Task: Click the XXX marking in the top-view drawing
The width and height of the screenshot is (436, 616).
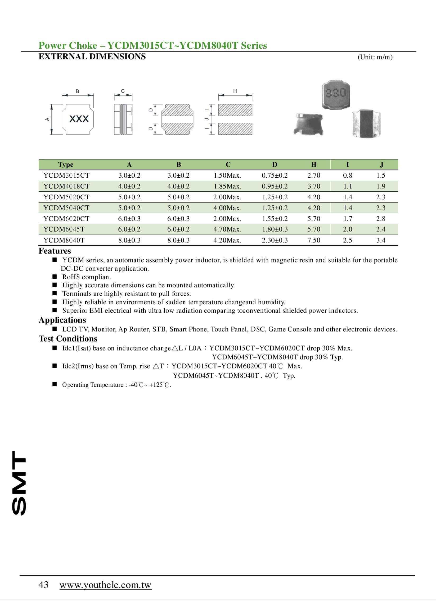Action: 79,119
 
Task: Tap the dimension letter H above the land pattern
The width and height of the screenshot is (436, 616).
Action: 235,91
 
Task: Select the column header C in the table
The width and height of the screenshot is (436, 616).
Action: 228,164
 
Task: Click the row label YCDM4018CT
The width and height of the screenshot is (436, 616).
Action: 66,186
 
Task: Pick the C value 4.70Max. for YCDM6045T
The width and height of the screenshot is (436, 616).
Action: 227,229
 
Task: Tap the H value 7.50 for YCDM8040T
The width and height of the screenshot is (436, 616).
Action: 314,240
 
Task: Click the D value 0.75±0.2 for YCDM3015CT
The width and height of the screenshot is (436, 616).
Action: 275,176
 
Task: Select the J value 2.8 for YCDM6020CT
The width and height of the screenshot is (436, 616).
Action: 381,219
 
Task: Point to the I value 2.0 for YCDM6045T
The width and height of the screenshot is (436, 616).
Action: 348,229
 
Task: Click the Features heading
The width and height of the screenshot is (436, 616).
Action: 55,251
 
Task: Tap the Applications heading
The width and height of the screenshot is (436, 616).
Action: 62,320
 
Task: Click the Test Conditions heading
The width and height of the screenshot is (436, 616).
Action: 68,339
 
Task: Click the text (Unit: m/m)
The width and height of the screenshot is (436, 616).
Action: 375,57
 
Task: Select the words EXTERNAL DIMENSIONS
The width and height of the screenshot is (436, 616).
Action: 92,57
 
